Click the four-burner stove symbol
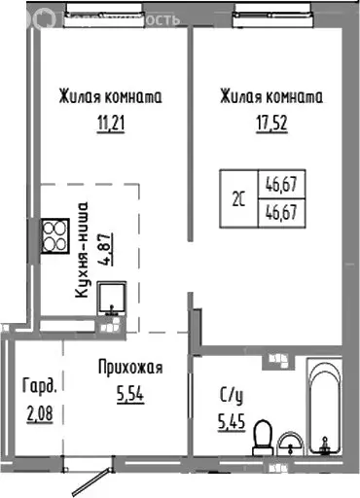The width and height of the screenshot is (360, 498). [53, 234]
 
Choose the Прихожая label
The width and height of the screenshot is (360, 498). [128, 368]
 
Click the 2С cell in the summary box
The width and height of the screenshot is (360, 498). [239, 196]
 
